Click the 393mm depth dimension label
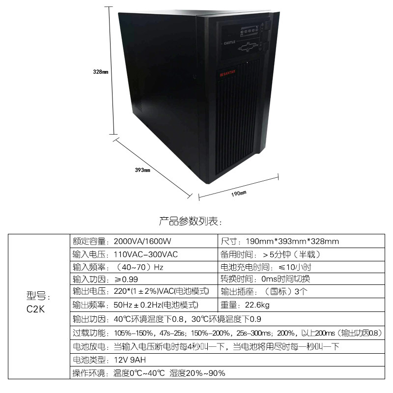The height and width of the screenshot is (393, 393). tap(142, 170)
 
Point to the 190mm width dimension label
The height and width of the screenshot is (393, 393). tap(238, 193)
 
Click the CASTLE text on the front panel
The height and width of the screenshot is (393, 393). tap(231, 43)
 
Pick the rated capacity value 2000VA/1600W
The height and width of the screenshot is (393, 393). tap(144, 241)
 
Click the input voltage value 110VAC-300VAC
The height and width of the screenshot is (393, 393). tap(145, 254)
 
